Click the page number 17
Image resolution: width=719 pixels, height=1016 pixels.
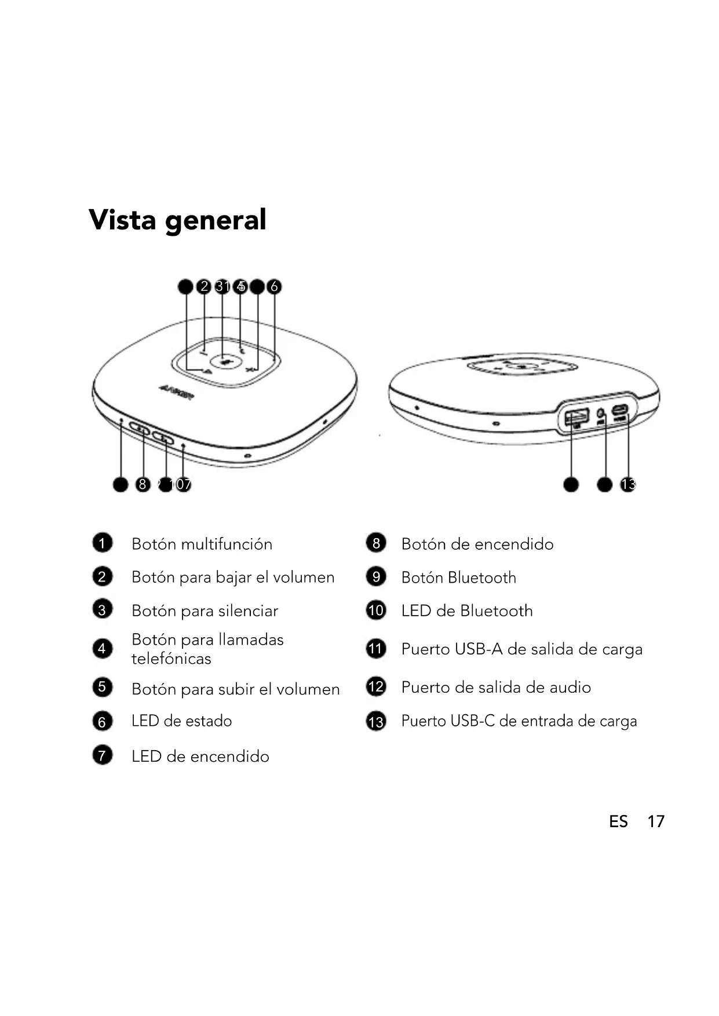tap(655, 821)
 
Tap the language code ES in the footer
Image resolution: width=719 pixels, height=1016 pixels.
tap(618, 821)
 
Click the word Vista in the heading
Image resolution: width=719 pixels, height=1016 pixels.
tap(122, 220)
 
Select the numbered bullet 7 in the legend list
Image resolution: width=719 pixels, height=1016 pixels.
tap(103, 755)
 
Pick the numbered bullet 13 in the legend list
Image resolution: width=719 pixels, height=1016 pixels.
tap(376, 721)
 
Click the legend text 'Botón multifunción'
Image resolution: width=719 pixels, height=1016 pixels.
tap(202, 544)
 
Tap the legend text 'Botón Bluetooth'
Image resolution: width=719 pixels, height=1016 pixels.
tap(458, 578)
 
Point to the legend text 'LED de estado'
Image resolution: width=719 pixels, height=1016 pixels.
tap(181, 721)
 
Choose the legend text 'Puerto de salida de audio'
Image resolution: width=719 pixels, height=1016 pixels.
tap(496, 688)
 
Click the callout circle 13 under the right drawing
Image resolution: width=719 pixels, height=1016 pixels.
tap(627, 484)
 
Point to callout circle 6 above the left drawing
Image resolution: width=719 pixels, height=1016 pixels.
tap(274, 286)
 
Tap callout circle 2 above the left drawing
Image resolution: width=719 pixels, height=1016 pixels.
tap(203, 286)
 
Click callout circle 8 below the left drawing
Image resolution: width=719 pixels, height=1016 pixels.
tap(143, 484)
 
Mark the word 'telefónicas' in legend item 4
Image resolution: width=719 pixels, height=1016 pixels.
tap(171, 659)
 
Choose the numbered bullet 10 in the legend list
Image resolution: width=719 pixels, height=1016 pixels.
tap(376, 611)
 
